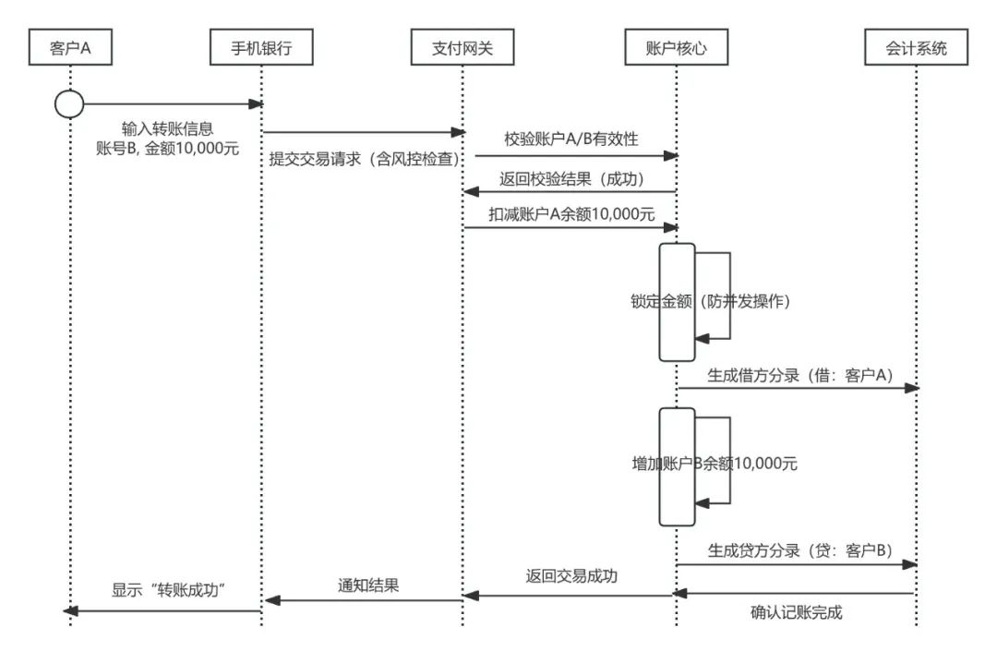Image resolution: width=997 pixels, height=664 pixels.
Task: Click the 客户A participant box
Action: [70, 48]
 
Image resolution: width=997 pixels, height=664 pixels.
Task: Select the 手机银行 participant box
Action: [262, 48]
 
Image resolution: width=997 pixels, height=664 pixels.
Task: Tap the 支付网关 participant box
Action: [462, 48]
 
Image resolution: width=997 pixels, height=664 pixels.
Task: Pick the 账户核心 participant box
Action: [677, 48]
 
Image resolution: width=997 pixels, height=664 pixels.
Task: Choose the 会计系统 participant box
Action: [917, 48]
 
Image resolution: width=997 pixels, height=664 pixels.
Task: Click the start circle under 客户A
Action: [69, 104]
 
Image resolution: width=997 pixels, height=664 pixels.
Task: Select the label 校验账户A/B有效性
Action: [571, 139]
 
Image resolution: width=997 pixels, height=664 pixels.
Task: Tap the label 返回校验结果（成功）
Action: [571, 178]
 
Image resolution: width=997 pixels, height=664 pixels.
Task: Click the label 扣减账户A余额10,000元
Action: [571, 213]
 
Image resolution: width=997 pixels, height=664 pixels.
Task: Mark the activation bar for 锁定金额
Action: [677, 302]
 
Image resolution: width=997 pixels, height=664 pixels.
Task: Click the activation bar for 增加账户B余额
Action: [677, 466]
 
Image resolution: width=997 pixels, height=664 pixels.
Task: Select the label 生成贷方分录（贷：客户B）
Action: [799, 550]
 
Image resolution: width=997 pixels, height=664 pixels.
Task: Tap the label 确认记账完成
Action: [796, 612]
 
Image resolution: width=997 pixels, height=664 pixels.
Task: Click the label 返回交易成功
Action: [571, 576]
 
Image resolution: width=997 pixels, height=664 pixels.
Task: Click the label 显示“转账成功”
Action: [170, 591]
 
